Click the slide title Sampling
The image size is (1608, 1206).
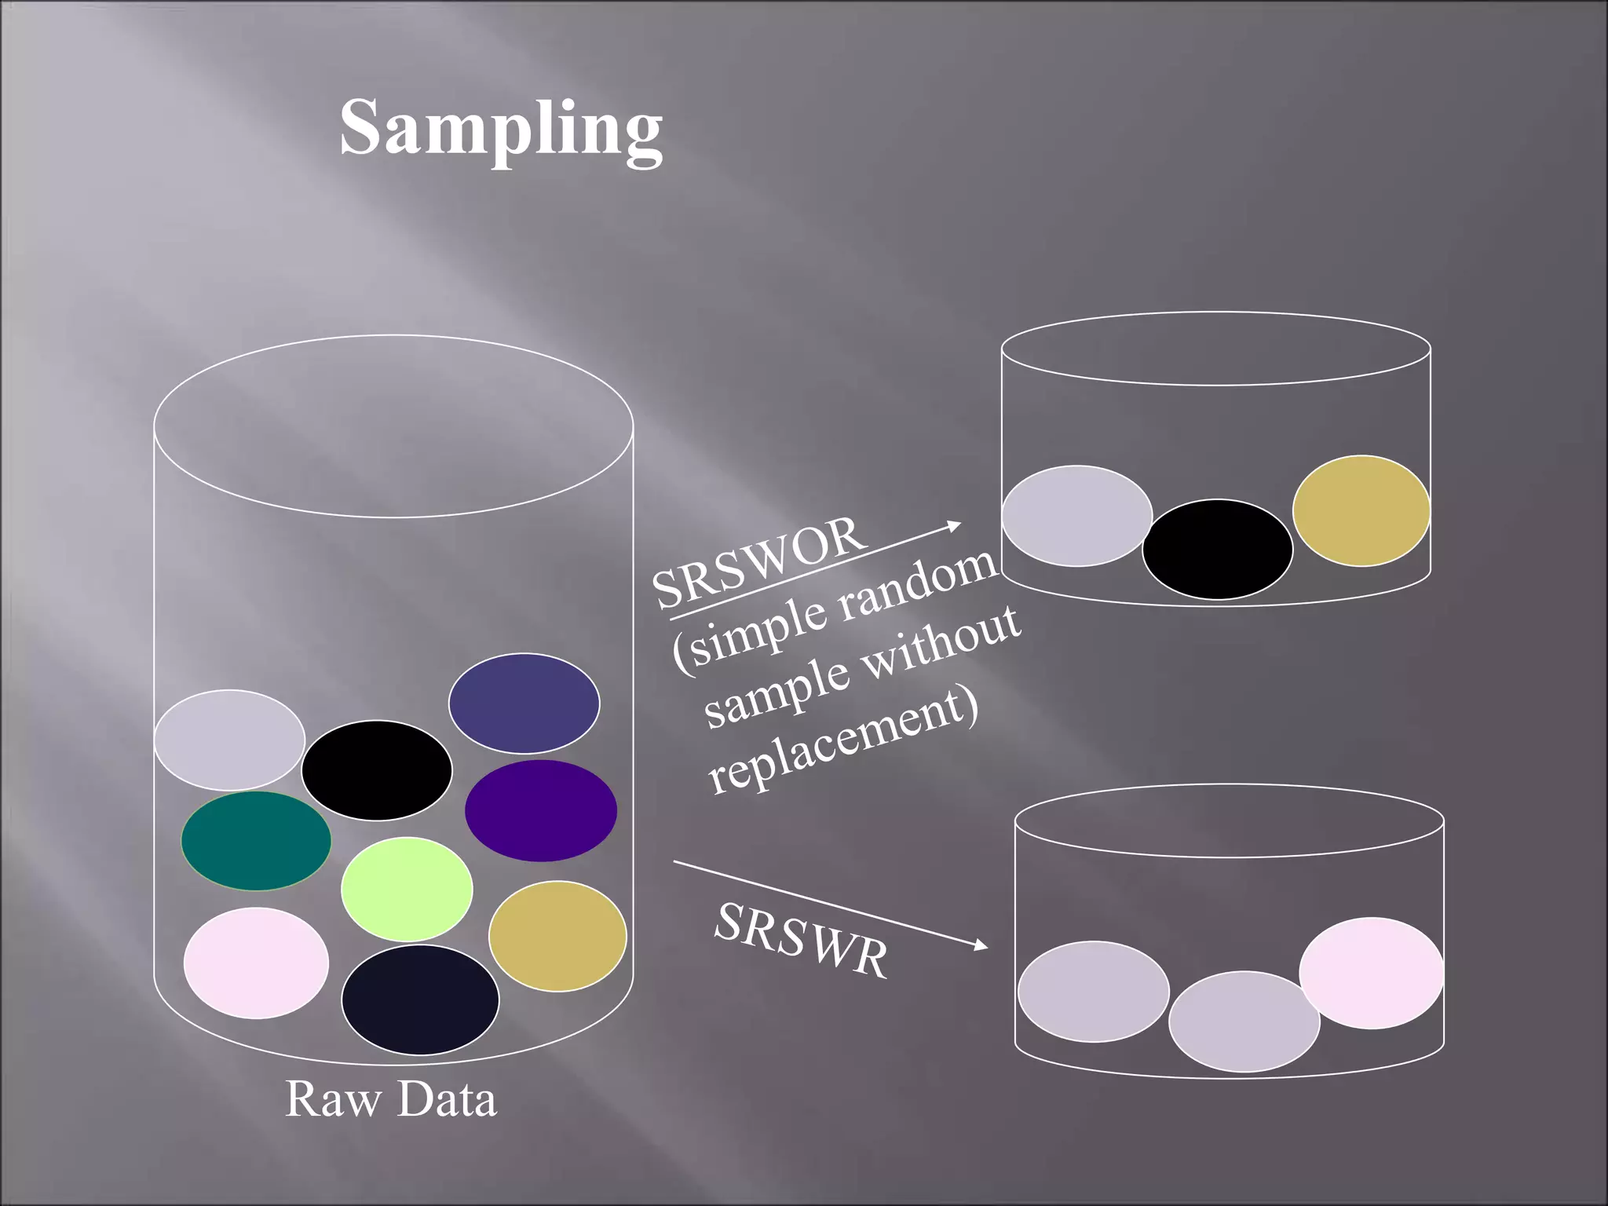[501, 130]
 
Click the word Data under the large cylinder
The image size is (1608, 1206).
[446, 1098]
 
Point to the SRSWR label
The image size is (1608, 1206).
[802, 941]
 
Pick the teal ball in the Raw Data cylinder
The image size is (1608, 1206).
[256, 841]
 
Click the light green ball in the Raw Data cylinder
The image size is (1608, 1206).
[407, 890]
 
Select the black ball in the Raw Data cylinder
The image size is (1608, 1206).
[377, 770]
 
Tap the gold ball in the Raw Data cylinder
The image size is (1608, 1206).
[557, 936]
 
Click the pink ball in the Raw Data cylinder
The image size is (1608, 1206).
[256, 963]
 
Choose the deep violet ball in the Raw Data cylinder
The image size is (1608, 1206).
[541, 810]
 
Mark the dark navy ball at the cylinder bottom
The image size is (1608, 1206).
[420, 1000]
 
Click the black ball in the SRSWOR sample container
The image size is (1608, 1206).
[1217, 549]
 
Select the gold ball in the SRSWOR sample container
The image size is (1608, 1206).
[1361, 510]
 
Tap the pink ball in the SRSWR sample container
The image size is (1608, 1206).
[1372, 973]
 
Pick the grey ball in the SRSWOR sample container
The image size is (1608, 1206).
[1077, 516]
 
